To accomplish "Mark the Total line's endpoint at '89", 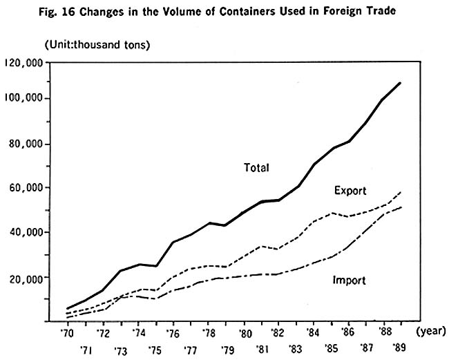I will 400,83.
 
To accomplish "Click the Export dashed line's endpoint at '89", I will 400,191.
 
